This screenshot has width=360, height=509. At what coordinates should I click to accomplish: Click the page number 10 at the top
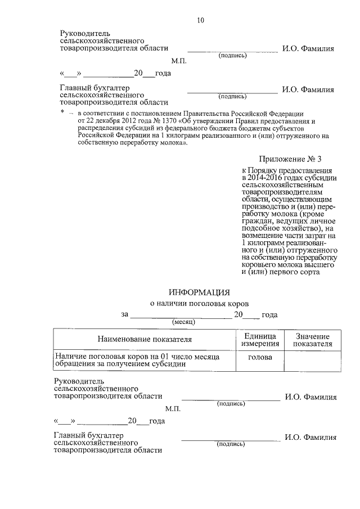[x=200, y=21]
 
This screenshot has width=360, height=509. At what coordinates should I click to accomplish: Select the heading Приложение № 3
[x=290, y=160]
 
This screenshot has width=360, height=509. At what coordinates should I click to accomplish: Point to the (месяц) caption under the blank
[x=183, y=322]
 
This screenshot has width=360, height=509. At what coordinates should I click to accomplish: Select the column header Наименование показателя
[x=145, y=339]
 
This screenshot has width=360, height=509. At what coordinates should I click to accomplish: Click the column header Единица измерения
[x=260, y=339]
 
